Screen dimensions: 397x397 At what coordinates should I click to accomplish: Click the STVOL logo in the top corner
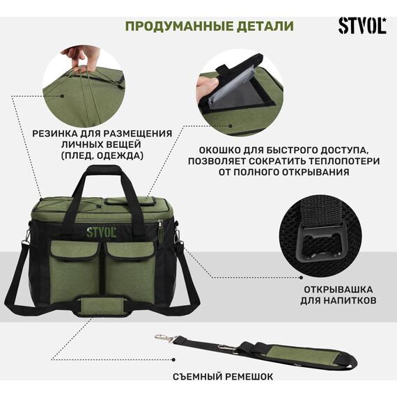(x=362, y=26)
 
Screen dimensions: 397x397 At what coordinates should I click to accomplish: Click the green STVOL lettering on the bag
(x=101, y=232)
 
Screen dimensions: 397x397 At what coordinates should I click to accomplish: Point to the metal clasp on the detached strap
(x=164, y=338)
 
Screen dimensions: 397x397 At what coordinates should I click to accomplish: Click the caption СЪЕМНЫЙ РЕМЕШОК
(x=223, y=377)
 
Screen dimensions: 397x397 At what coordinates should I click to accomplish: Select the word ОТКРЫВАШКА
(x=338, y=290)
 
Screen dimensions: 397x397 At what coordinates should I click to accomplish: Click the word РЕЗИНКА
(x=52, y=134)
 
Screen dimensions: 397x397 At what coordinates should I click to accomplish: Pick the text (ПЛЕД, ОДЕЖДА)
(x=102, y=155)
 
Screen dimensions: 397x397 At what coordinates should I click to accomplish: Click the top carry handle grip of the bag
(x=103, y=170)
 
